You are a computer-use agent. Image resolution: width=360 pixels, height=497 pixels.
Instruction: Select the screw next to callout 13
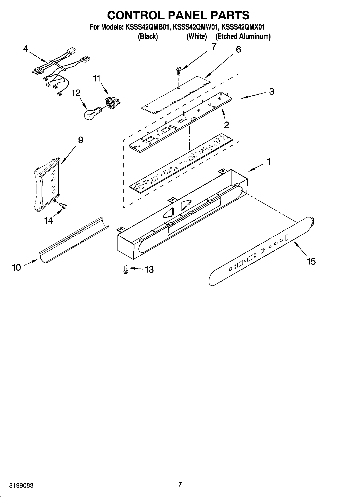(x=125, y=269)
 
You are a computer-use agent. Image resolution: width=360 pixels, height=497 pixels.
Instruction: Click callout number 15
(x=311, y=261)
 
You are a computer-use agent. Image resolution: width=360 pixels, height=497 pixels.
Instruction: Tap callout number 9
(x=80, y=140)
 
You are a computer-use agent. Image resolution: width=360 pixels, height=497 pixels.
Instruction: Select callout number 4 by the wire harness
(x=26, y=48)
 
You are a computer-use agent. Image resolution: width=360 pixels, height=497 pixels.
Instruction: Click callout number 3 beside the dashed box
(x=272, y=91)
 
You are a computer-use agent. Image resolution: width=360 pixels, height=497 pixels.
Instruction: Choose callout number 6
(x=238, y=49)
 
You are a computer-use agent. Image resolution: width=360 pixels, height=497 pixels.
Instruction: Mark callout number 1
(x=268, y=162)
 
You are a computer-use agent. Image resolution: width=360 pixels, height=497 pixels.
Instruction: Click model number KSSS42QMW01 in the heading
(x=195, y=27)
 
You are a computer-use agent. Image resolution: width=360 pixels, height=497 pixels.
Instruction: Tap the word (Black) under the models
(x=148, y=36)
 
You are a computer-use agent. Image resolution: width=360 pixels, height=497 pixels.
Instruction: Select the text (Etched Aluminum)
(x=243, y=36)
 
